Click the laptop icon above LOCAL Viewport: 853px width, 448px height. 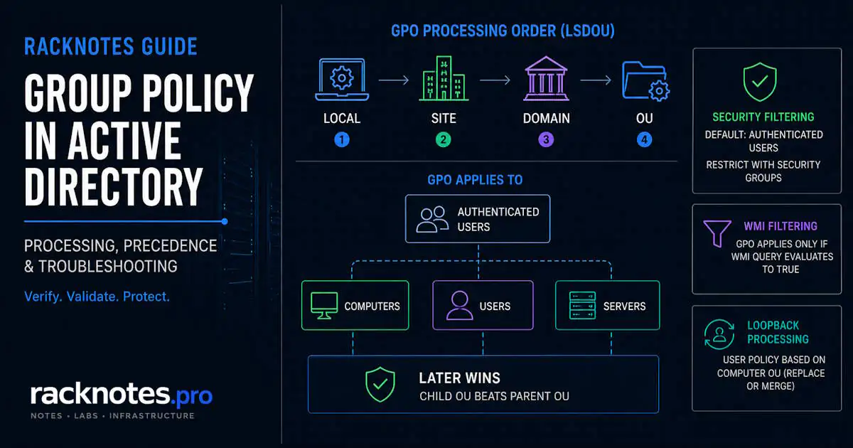tap(342, 79)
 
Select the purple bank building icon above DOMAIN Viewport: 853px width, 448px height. tap(546, 79)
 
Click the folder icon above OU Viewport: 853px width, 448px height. tap(645, 81)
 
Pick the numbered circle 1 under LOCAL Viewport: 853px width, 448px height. tap(342, 140)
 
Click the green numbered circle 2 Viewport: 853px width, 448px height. tap(444, 140)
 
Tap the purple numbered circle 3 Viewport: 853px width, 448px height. tap(546, 140)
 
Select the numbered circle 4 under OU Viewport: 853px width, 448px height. tap(644, 140)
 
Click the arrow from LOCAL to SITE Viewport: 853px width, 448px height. tap(394, 80)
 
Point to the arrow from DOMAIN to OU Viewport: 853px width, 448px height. tap(596, 80)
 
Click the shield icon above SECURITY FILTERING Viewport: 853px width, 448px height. tap(760, 82)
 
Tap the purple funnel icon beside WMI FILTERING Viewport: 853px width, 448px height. tap(717, 233)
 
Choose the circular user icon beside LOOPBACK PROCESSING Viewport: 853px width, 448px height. tap(719, 334)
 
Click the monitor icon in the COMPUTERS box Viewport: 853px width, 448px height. tap(324, 306)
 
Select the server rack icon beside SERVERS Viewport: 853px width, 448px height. tap(582, 306)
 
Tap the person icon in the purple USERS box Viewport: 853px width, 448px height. tap(460, 306)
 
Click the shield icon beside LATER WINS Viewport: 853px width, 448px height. tap(380, 385)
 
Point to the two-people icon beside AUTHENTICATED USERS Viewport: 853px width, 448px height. tap(432, 220)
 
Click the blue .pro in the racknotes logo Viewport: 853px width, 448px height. tap(191, 397)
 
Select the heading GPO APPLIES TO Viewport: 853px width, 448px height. tap(475, 180)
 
